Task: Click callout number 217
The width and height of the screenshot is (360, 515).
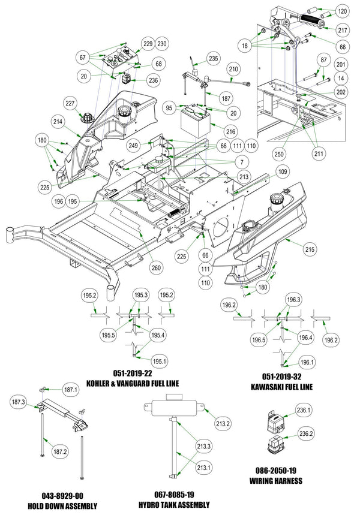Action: click(x=342, y=31)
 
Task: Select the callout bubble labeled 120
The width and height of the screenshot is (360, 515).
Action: click(x=342, y=11)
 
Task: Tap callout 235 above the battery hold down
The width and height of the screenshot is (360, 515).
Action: click(x=214, y=59)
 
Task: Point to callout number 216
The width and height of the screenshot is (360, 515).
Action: click(x=231, y=130)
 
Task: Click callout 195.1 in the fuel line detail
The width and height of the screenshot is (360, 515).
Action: click(x=159, y=361)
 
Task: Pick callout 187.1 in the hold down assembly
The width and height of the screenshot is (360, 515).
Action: click(x=72, y=390)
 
